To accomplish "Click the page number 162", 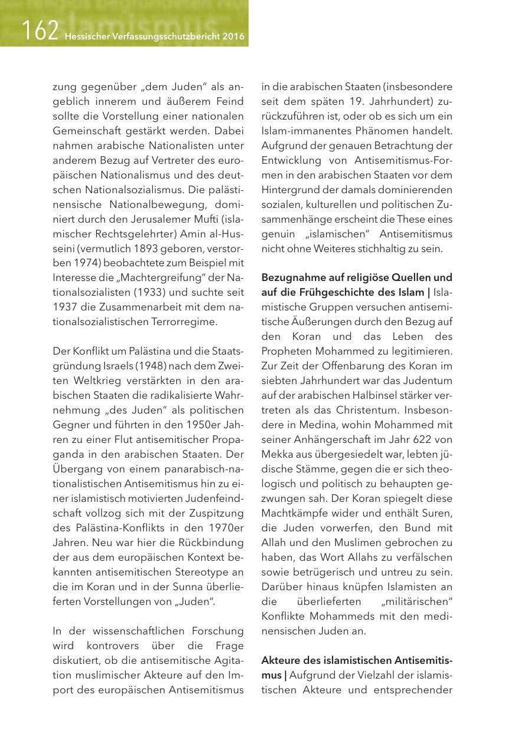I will (x=40, y=31).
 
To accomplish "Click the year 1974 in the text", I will (x=89, y=247).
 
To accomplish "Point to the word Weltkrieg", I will (x=97, y=380).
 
